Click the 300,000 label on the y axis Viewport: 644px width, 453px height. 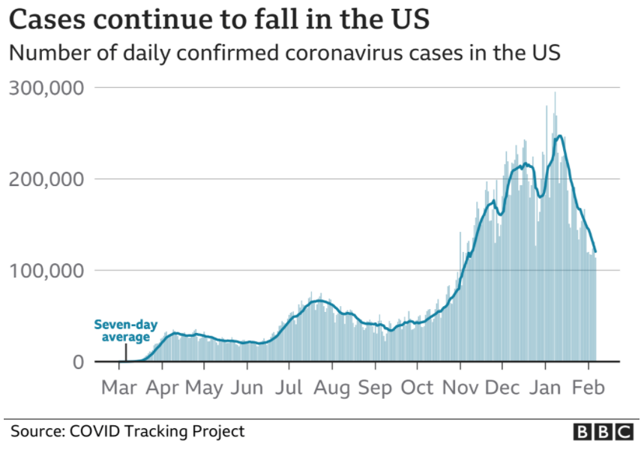coord(46,88)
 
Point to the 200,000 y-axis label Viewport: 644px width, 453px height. coord(46,180)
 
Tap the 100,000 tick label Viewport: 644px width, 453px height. coord(46,271)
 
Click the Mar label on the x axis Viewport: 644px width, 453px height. coord(118,388)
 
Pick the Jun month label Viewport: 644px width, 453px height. coord(247,388)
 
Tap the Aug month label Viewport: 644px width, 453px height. coord(331,388)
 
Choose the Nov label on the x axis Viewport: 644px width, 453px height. coord(460,388)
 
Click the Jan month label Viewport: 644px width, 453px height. coord(546,388)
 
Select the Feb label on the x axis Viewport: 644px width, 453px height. coord(588,388)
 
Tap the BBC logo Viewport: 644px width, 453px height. coord(603,432)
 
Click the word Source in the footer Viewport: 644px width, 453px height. coord(37,431)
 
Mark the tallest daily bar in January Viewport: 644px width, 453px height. coord(555,94)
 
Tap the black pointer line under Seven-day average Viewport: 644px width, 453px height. coord(125,352)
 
